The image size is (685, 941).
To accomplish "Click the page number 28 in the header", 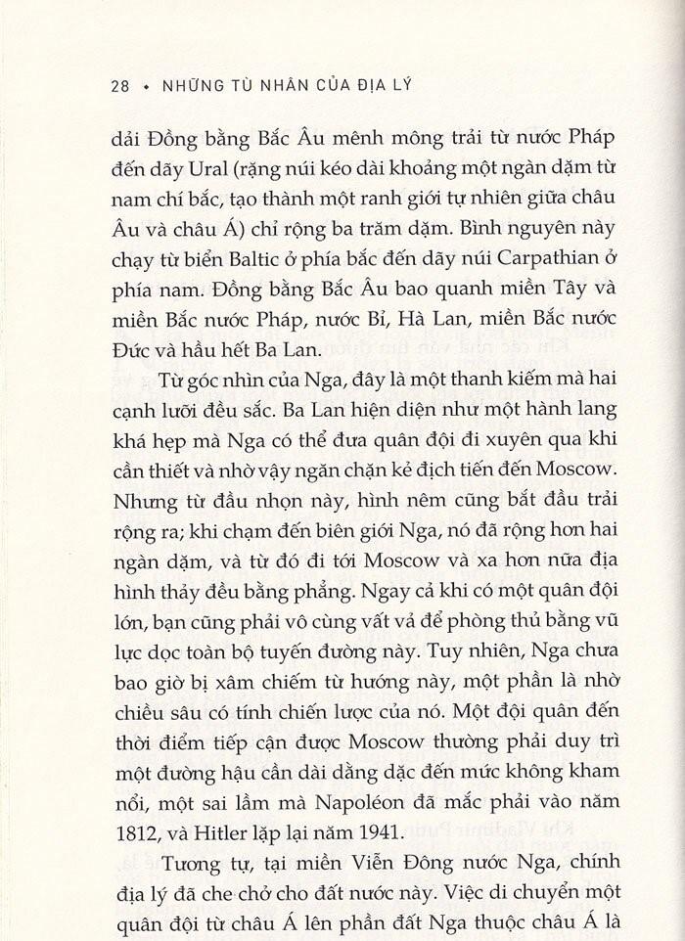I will coord(120,84).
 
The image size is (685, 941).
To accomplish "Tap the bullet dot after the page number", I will coord(146,85).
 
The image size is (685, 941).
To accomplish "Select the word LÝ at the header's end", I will coord(399,84).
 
